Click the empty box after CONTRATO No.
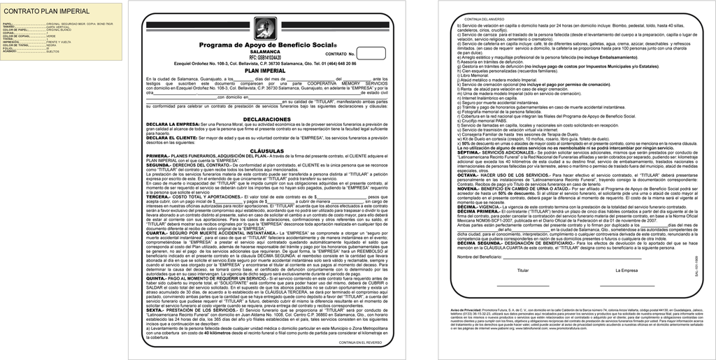[372, 53]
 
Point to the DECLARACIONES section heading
[262, 120]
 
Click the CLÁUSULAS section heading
[262, 150]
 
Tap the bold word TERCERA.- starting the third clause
[159, 197]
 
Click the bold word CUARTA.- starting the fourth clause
[158, 232]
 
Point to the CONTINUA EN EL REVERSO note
[360, 343]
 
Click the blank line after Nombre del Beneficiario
[552, 257]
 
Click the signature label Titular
[523, 270]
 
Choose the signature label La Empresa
[626, 270]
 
